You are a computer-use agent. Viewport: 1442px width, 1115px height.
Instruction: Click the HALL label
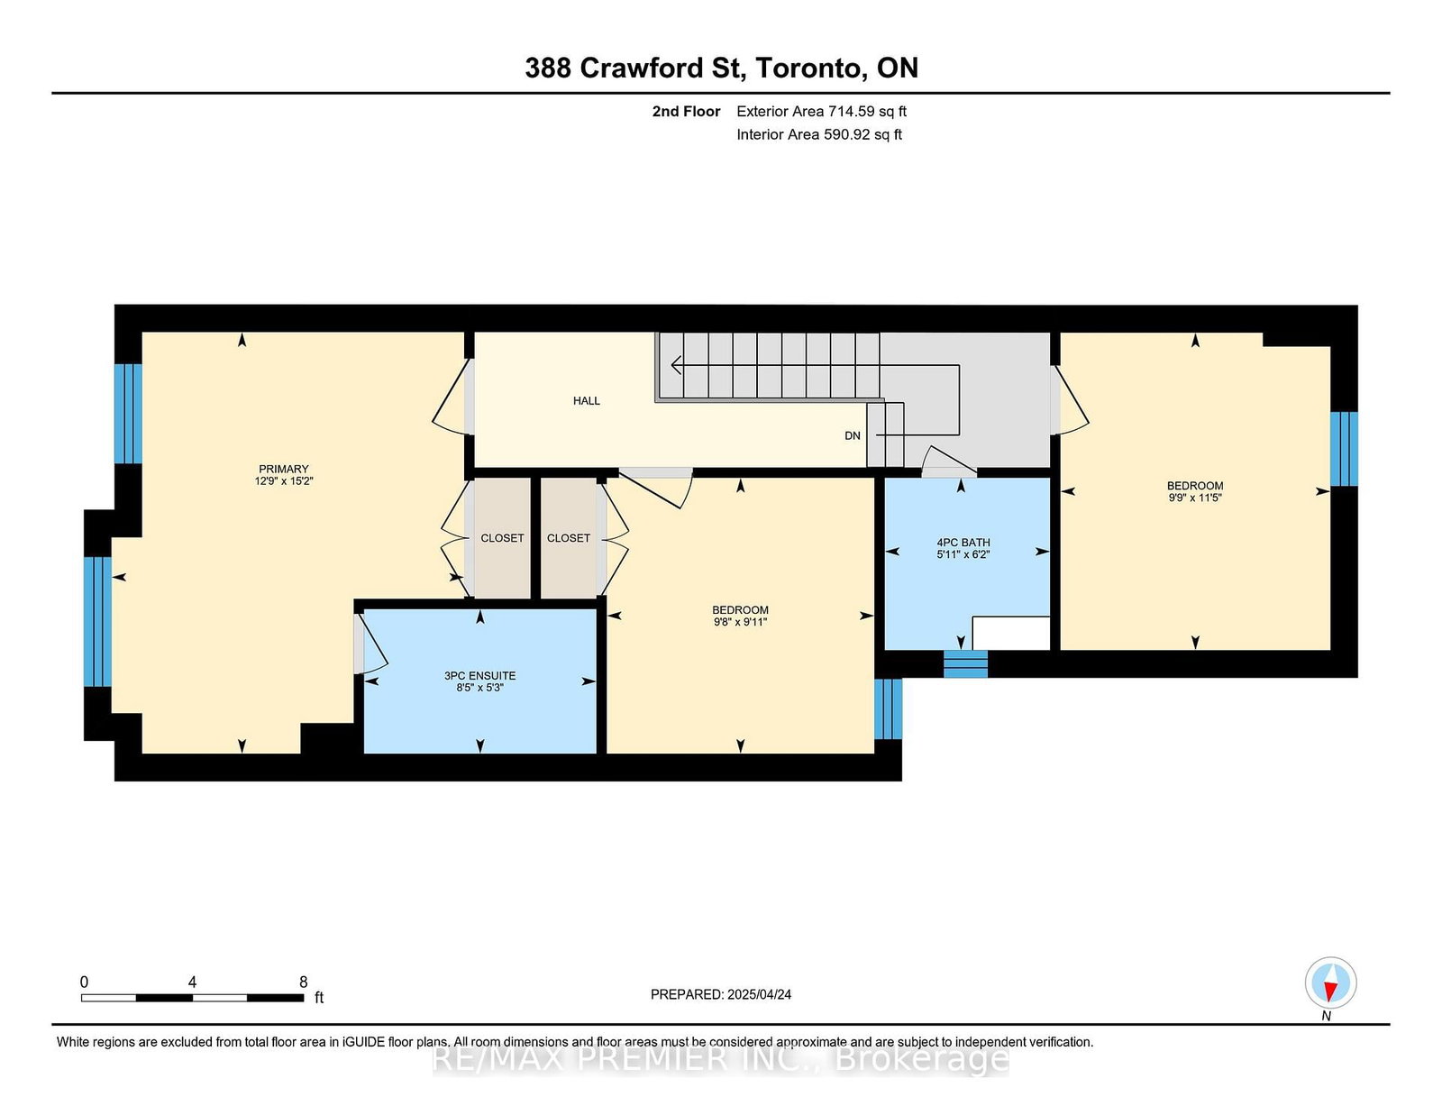pyautogui.click(x=586, y=400)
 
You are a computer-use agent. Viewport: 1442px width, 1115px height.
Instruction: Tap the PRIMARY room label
pyautogui.click(x=283, y=469)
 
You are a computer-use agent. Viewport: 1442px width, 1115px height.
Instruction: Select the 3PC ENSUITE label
pyautogui.click(x=479, y=676)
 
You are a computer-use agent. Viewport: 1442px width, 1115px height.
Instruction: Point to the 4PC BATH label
pyautogui.click(x=963, y=543)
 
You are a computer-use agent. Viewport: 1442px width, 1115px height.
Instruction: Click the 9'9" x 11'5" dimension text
pyautogui.click(x=1195, y=497)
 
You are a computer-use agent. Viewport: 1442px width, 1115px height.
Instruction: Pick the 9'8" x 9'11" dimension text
pyautogui.click(x=740, y=622)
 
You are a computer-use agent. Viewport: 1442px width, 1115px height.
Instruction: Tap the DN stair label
pyautogui.click(x=852, y=435)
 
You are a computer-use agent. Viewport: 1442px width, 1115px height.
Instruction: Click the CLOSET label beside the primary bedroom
pyautogui.click(x=502, y=537)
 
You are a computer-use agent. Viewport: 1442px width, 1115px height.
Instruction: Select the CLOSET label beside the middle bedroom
pyautogui.click(x=569, y=537)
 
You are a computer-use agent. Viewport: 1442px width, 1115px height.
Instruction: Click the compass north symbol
pyautogui.click(x=1330, y=982)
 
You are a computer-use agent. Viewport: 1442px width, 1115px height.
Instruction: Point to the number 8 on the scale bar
pyautogui.click(x=303, y=982)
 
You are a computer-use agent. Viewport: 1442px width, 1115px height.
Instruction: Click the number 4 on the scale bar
pyautogui.click(x=192, y=982)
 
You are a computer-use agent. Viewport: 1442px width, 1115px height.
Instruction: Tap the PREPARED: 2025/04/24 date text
pyautogui.click(x=721, y=994)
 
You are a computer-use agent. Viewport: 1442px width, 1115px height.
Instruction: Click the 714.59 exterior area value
pyautogui.click(x=852, y=111)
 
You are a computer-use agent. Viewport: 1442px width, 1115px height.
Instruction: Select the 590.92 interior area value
pyautogui.click(x=847, y=134)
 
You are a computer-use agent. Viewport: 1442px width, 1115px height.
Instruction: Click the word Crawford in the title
pyautogui.click(x=641, y=68)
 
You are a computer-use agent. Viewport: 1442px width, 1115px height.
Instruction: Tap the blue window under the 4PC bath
pyautogui.click(x=965, y=663)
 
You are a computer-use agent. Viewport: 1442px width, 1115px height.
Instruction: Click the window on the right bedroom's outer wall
pyautogui.click(x=1344, y=449)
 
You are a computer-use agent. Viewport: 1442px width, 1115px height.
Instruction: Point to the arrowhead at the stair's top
pyautogui.click(x=676, y=365)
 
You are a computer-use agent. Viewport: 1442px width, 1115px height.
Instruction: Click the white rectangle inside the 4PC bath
pyautogui.click(x=1010, y=633)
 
